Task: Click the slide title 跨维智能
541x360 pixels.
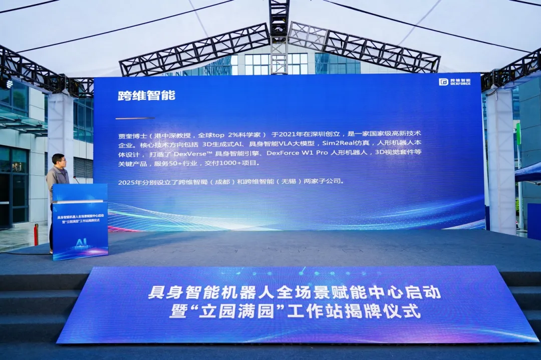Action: pos(146,96)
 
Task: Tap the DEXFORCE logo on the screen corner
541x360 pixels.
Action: pos(454,82)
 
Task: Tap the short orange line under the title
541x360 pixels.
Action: pos(135,118)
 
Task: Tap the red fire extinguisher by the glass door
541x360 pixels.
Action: pos(36,234)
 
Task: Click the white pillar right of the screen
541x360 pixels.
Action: pos(500,160)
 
